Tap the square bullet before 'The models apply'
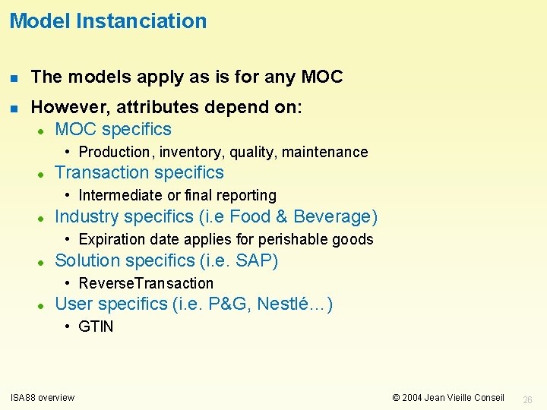coord(14,77)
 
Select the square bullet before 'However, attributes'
coord(14,109)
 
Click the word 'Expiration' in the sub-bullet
coord(112,239)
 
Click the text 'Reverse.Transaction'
coord(146,283)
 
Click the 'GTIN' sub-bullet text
coord(96,326)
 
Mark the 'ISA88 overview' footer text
coord(42,397)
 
